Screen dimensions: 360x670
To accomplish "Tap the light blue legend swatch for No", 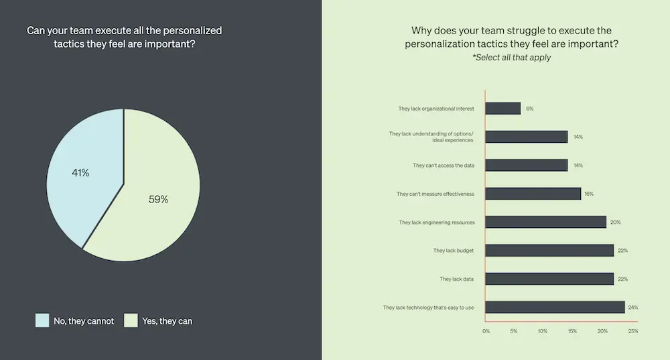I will [42, 320].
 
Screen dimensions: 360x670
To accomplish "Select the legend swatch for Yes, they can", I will [131, 320].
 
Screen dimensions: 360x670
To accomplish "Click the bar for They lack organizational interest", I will [503, 108].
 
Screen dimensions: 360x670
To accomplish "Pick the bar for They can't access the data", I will [526, 165].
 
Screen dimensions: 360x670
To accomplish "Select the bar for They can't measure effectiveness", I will [533, 194].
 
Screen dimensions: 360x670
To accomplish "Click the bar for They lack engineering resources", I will [545, 222].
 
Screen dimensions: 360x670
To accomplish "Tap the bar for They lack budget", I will [549, 250].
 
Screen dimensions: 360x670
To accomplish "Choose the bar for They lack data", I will [549, 279].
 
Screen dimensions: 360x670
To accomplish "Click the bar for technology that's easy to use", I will [555, 307].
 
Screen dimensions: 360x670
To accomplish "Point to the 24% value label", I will [632, 307].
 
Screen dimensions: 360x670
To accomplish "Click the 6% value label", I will [529, 108].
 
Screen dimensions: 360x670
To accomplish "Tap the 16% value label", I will [588, 194].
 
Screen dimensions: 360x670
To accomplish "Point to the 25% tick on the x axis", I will [632, 331].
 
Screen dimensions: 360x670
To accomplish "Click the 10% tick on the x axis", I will [543, 331].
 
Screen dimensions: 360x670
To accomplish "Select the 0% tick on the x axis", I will [486, 331].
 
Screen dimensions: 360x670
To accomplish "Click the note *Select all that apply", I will [511, 58].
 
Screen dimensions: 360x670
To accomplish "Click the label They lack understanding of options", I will [432, 134].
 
